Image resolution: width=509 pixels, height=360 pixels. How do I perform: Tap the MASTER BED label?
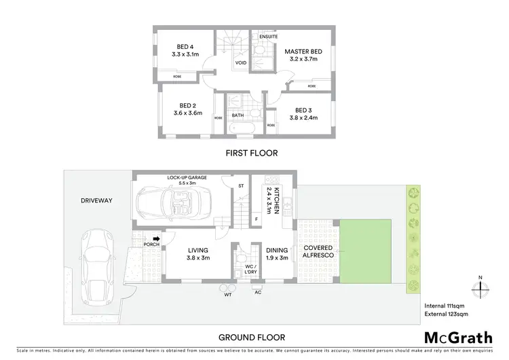303,52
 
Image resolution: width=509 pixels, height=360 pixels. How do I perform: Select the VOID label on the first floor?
240,63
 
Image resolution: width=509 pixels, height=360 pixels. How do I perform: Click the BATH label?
238,115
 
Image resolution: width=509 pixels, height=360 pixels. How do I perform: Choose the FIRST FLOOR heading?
252,154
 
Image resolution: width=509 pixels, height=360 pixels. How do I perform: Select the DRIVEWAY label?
96,200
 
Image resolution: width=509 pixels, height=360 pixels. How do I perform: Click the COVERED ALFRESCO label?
317,252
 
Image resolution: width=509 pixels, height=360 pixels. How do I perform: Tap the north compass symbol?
480,286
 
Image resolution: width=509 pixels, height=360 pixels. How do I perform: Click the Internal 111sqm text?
445,305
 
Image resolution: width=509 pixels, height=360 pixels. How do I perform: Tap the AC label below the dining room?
258,293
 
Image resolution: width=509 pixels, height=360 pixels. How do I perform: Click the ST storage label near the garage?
240,185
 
